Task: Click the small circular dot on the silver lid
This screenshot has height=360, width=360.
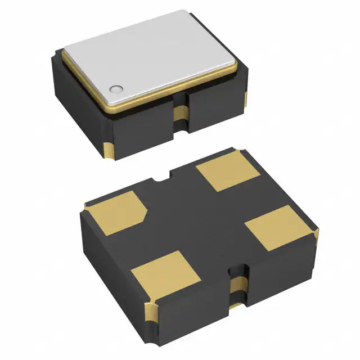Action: point(116,88)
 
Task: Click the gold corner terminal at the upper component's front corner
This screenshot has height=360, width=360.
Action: point(110,150)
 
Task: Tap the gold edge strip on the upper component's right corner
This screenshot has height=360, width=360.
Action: point(246,100)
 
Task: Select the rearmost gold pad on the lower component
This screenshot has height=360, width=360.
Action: point(223,172)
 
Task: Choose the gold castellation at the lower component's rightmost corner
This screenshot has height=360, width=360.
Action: point(317,233)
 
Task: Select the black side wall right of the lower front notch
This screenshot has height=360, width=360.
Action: point(281,276)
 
